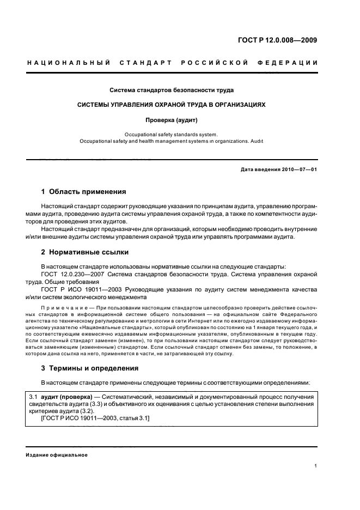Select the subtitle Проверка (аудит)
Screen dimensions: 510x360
click(171, 119)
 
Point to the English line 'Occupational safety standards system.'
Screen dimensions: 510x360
click(171, 133)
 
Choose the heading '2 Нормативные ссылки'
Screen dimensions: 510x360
click(85, 252)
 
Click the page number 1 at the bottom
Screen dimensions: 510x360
click(315, 466)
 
